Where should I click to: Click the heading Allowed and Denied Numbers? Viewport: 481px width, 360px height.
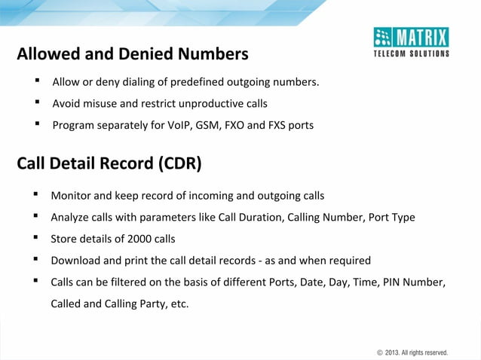pyautogui.click(x=133, y=54)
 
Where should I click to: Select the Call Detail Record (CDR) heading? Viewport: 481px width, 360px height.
pyautogui.click(x=109, y=163)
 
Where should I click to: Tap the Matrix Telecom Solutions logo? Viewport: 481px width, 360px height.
pyautogui.click(x=412, y=42)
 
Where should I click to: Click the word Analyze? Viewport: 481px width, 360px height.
pyautogui.click(x=72, y=218)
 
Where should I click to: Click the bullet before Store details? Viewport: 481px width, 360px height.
pyautogui.click(x=35, y=239)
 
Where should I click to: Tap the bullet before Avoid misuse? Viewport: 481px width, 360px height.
pyautogui.click(x=36, y=102)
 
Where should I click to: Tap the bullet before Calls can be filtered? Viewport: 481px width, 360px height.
pyautogui.click(x=35, y=282)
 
